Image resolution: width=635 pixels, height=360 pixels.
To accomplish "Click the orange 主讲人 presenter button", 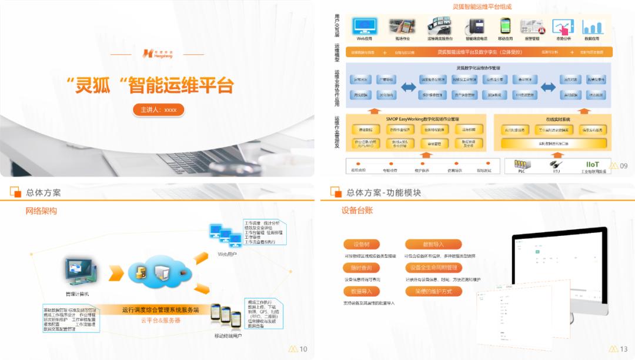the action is [x=158, y=109].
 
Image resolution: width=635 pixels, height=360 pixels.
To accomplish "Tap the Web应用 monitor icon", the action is [x=365, y=26].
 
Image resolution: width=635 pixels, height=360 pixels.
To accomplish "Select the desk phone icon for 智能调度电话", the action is [x=476, y=26].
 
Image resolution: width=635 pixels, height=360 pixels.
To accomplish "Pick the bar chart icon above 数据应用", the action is [x=592, y=27].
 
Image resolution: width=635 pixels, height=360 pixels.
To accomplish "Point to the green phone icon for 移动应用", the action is [x=505, y=26].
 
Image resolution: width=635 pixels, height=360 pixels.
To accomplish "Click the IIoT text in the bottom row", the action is [x=592, y=164].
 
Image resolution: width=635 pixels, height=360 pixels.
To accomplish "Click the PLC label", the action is [x=520, y=172].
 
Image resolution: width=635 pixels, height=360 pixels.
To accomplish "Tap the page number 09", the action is [x=624, y=166].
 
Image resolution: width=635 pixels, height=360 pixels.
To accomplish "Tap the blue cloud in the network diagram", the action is [x=157, y=272].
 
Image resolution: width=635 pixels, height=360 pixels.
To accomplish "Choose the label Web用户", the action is [x=226, y=254].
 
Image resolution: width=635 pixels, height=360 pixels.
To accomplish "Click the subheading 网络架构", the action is [x=41, y=211].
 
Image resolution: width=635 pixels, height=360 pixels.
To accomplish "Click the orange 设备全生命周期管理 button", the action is [x=434, y=268].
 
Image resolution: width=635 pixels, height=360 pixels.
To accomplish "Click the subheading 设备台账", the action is [x=357, y=211].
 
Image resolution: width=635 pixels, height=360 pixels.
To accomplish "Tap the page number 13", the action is [x=624, y=349].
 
